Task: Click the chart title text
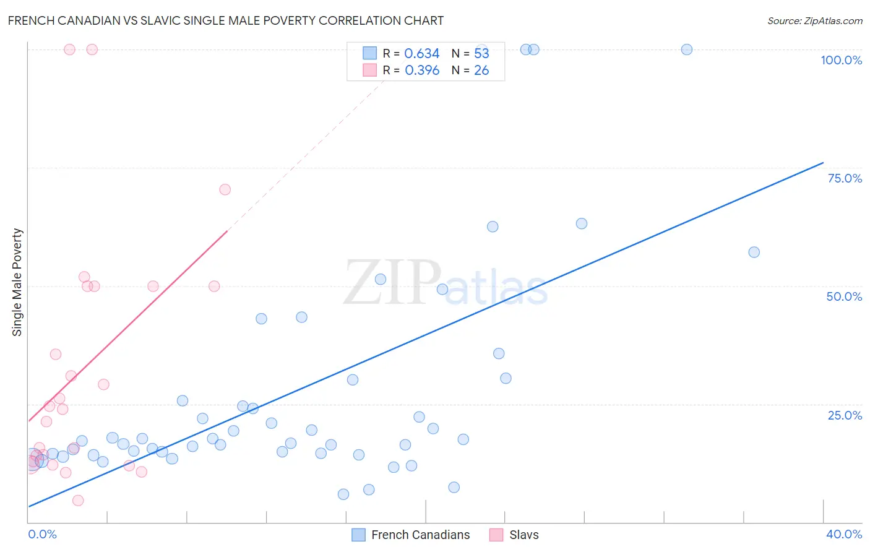click(x=226, y=20)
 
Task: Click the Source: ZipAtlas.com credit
click(x=814, y=21)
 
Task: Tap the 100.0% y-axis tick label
click(x=841, y=60)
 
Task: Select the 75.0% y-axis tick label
click(x=845, y=178)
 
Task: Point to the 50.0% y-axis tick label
click(x=844, y=296)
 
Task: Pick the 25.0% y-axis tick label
click(x=845, y=415)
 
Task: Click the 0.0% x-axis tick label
click(x=43, y=534)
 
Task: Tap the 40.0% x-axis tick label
click(x=843, y=534)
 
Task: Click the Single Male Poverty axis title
click(x=17, y=282)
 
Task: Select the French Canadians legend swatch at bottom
click(x=358, y=535)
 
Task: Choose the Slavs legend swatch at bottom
click(x=496, y=535)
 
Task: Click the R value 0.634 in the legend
click(x=421, y=54)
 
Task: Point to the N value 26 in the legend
click(x=481, y=71)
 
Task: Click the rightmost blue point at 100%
click(x=686, y=50)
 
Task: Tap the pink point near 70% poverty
click(x=225, y=189)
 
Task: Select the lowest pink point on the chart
click(x=78, y=501)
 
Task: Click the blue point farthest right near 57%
click(x=754, y=252)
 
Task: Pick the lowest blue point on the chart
click(x=343, y=494)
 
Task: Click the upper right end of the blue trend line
click(x=823, y=163)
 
